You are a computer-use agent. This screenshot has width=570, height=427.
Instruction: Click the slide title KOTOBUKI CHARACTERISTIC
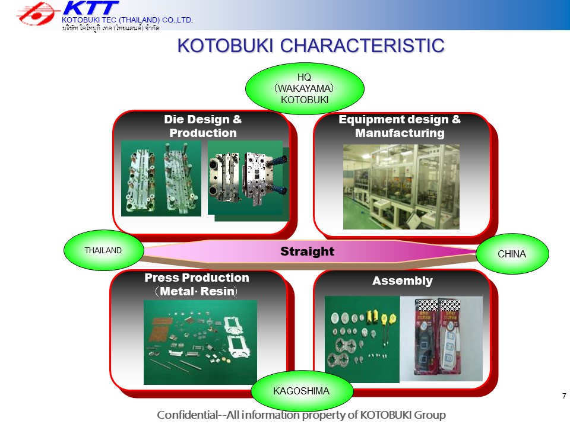pos(311,46)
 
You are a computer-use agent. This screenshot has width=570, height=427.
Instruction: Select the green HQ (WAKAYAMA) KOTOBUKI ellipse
pos(305,88)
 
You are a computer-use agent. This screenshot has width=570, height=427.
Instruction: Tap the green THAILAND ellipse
pos(103,250)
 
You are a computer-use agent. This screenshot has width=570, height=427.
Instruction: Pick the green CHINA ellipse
pos(512,254)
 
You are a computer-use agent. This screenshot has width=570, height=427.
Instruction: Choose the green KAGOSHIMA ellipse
pos(302,391)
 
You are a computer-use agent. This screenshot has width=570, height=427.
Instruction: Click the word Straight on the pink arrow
pos(307,251)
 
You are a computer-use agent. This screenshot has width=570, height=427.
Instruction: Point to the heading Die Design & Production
pos(203,126)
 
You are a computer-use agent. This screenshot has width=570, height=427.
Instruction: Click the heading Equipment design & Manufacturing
pos(400,126)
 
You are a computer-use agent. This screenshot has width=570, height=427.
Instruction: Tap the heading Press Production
pos(197,278)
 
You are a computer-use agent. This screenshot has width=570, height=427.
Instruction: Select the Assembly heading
pos(403,281)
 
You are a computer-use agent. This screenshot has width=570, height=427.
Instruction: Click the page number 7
pos(564,396)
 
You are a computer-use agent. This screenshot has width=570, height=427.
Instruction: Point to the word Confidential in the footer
pos(187,415)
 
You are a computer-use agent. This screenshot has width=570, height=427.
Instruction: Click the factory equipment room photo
pos(401,187)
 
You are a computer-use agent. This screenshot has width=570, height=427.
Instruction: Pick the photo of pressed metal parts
pos(200,342)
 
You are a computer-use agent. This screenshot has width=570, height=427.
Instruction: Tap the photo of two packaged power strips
pos(441,339)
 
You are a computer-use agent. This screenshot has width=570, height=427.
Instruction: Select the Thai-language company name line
pos(110,28)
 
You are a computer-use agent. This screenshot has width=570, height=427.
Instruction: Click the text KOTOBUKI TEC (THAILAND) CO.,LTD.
pos(127,20)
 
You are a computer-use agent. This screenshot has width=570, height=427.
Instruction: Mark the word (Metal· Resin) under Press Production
pos(197,291)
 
